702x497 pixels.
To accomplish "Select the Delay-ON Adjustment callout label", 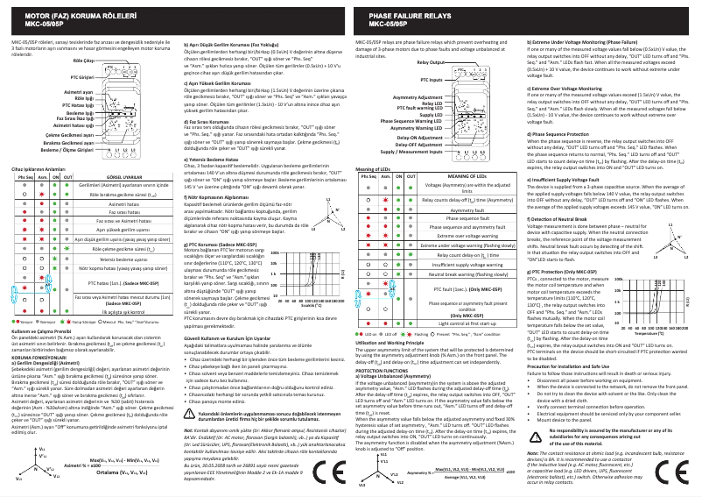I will [419, 138].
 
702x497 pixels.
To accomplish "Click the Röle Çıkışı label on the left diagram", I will [83, 62].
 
